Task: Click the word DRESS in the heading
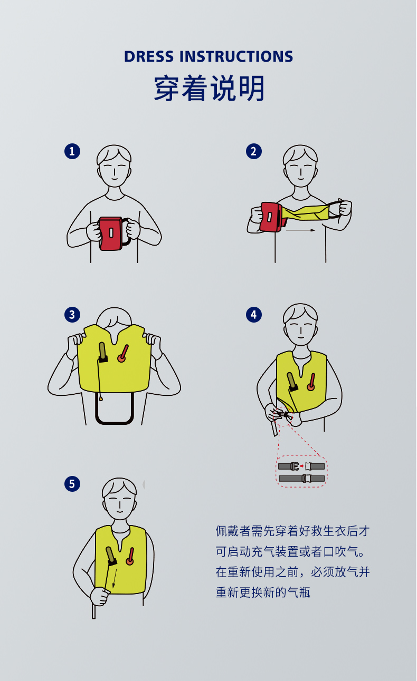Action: click(x=149, y=56)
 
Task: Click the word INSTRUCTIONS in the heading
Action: click(x=236, y=56)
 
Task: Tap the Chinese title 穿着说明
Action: click(x=209, y=88)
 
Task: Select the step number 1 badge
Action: click(x=72, y=151)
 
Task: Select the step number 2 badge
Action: click(x=253, y=151)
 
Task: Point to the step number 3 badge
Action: click(x=72, y=315)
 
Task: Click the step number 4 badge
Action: click(x=253, y=315)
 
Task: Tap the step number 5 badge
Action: click(x=72, y=484)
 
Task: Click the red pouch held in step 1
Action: click(x=110, y=234)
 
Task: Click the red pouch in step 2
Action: click(x=271, y=217)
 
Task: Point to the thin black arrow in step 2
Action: click(x=300, y=230)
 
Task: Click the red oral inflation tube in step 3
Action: click(x=123, y=354)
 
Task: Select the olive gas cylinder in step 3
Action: click(x=102, y=352)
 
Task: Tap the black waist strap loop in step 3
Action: click(x=115, y=423)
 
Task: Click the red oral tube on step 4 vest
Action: click(x=311, y=382)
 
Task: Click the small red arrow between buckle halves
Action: click(x=301, y=466)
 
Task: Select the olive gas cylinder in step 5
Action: click(x=111, y=556)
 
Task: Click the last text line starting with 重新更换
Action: click(x=263, y=592)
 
